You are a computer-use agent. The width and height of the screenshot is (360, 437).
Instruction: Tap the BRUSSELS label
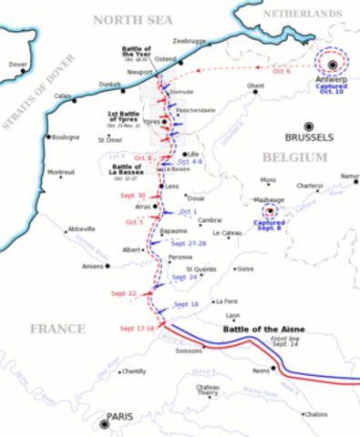(x=311, y=138)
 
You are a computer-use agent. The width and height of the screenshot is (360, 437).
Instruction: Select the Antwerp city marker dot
(x=334, y=64)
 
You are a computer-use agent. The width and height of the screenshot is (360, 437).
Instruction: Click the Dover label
(x=16, y=65)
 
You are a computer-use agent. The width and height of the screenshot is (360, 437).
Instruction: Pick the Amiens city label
(x=92, y=267)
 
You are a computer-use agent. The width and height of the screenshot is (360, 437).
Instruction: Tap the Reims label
(x=262, y=371)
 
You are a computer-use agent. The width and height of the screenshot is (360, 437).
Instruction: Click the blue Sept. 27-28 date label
(x=190, y=244)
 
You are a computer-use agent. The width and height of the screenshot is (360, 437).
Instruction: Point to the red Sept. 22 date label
(x=125, y=293)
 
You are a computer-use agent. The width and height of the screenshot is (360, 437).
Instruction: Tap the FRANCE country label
(x=57, y=329)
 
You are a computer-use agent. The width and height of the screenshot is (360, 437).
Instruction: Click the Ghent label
(x=255, y=86)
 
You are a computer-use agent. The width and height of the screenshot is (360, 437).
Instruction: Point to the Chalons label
(x=315, y=414)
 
